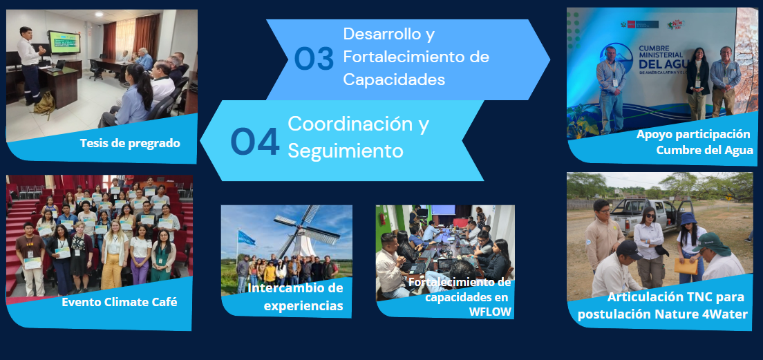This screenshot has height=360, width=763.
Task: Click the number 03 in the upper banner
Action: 314,59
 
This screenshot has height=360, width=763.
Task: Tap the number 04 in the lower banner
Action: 255,142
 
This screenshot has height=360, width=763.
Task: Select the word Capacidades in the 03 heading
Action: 394,79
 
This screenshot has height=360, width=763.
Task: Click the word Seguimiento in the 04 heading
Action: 346,151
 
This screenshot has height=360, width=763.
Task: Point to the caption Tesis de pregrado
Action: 130,144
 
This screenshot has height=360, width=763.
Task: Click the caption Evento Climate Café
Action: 119,302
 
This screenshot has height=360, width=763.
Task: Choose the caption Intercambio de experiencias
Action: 295,296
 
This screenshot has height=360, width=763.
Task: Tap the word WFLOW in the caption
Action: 490,312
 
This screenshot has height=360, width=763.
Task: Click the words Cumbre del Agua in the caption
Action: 704,151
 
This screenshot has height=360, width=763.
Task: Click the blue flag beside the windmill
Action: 246,238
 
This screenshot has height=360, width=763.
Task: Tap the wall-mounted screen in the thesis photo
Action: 64,42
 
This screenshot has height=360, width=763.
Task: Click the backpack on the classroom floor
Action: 44,102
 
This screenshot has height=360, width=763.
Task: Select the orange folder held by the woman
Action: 686,265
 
